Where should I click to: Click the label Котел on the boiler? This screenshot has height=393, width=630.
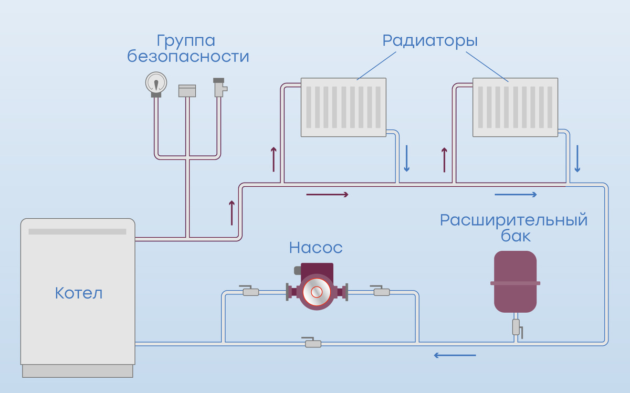pos(79,293)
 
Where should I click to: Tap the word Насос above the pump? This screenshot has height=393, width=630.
pos(316,247)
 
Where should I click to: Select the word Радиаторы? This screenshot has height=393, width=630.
pos(430,40)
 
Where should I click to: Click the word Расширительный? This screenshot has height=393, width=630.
pos(513,220)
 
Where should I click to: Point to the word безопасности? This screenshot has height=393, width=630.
pos(188,56)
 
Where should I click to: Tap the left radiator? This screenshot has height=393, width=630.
pos(344,107)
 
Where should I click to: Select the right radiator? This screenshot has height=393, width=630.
pos(515,107)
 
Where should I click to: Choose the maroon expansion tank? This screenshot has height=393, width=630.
pos(515,282)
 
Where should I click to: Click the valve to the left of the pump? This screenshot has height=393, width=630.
pos(250,291)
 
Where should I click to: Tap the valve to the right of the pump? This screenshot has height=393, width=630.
pos(381,291)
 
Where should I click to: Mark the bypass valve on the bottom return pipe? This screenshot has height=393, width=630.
pos(313,343)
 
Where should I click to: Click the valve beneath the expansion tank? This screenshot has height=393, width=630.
pos(516,327)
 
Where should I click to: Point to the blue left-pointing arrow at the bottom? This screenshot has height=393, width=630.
pos(455,356)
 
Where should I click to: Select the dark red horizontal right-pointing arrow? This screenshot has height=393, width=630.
pos(327,195)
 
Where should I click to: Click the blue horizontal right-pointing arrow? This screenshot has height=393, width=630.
pos(516,195)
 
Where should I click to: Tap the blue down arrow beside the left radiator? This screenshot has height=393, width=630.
pos(406,158)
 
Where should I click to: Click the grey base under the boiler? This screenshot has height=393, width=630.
pos(78,371)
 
